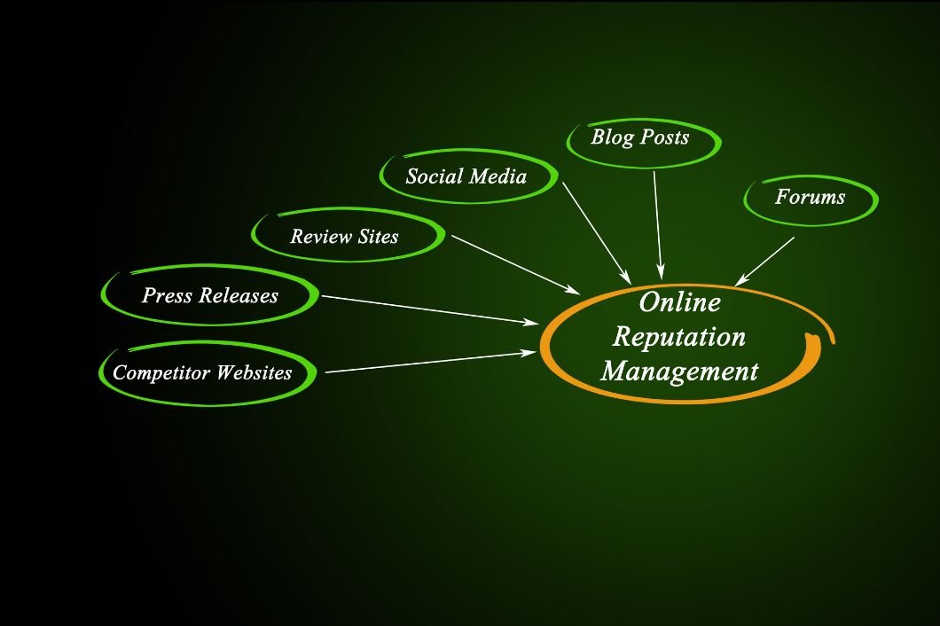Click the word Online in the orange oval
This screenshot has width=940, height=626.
pyautogui.click(x=679, y=302)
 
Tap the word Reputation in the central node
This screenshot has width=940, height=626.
pyautogui.click(x=679, y=336)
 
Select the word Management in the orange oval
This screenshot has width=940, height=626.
pyautogui.click(x=679, y=370)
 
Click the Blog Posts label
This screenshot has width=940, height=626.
pyautogui.click(x=639, y=137)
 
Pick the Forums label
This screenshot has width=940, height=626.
pyautogui.click(x=810, y=197)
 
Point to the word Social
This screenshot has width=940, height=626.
pyautogui.click(x=433, y=176)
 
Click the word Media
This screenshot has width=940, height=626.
pyautogui.click(x=497, y=176)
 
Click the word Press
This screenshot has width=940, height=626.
pyautogui.click(x=168, y=295)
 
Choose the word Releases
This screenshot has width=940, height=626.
pyautogui.click(x=239, y=295)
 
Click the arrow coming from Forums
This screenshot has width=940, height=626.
pyautogui.click(x=765, y=261)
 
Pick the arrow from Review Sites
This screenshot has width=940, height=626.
pyautogui.click(x=514, y=263)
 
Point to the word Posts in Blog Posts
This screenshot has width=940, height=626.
pyautogui.click(x=664, y=137)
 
